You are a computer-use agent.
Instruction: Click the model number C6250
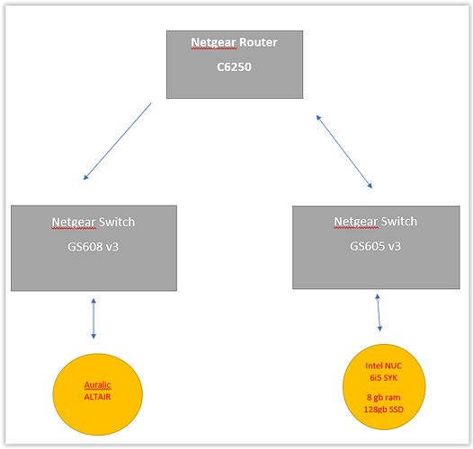234,66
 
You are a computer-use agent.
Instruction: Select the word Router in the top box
258,42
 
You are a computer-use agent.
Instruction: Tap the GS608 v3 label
94,247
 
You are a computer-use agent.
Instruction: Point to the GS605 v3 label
375,246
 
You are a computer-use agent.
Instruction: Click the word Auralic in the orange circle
97,385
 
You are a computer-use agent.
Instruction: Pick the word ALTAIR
97,397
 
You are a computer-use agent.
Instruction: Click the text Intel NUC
383,365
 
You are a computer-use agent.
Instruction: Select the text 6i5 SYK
383,377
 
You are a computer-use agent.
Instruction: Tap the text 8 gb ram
383,398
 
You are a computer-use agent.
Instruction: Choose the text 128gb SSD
383,409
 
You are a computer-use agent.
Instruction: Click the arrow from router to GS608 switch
117,141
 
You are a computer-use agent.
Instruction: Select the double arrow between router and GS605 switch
344,152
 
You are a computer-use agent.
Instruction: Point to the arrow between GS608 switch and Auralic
94,319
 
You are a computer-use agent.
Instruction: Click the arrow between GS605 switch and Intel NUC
379,313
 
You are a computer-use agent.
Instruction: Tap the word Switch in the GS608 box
117,222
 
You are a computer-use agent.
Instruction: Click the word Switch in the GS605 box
399,222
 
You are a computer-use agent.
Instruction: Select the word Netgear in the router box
214,43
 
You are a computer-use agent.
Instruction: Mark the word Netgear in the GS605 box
356,222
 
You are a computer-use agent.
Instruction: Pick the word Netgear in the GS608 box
74,223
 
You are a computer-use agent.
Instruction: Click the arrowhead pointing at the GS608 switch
85,178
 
